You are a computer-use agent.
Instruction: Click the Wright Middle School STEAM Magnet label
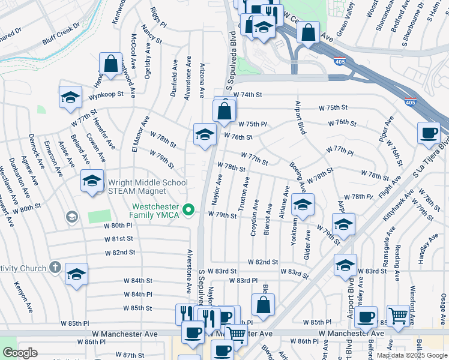[148, 187]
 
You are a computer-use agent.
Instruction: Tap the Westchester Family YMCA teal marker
[189, 209]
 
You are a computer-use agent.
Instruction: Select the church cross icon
[55, 266]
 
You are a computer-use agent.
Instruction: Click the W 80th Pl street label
[118, 226]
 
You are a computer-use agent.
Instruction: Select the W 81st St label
[118, 238]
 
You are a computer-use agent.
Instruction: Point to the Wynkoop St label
[106, 94]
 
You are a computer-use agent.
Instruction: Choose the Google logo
[20, 353]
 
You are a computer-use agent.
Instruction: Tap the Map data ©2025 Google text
[412, 355]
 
